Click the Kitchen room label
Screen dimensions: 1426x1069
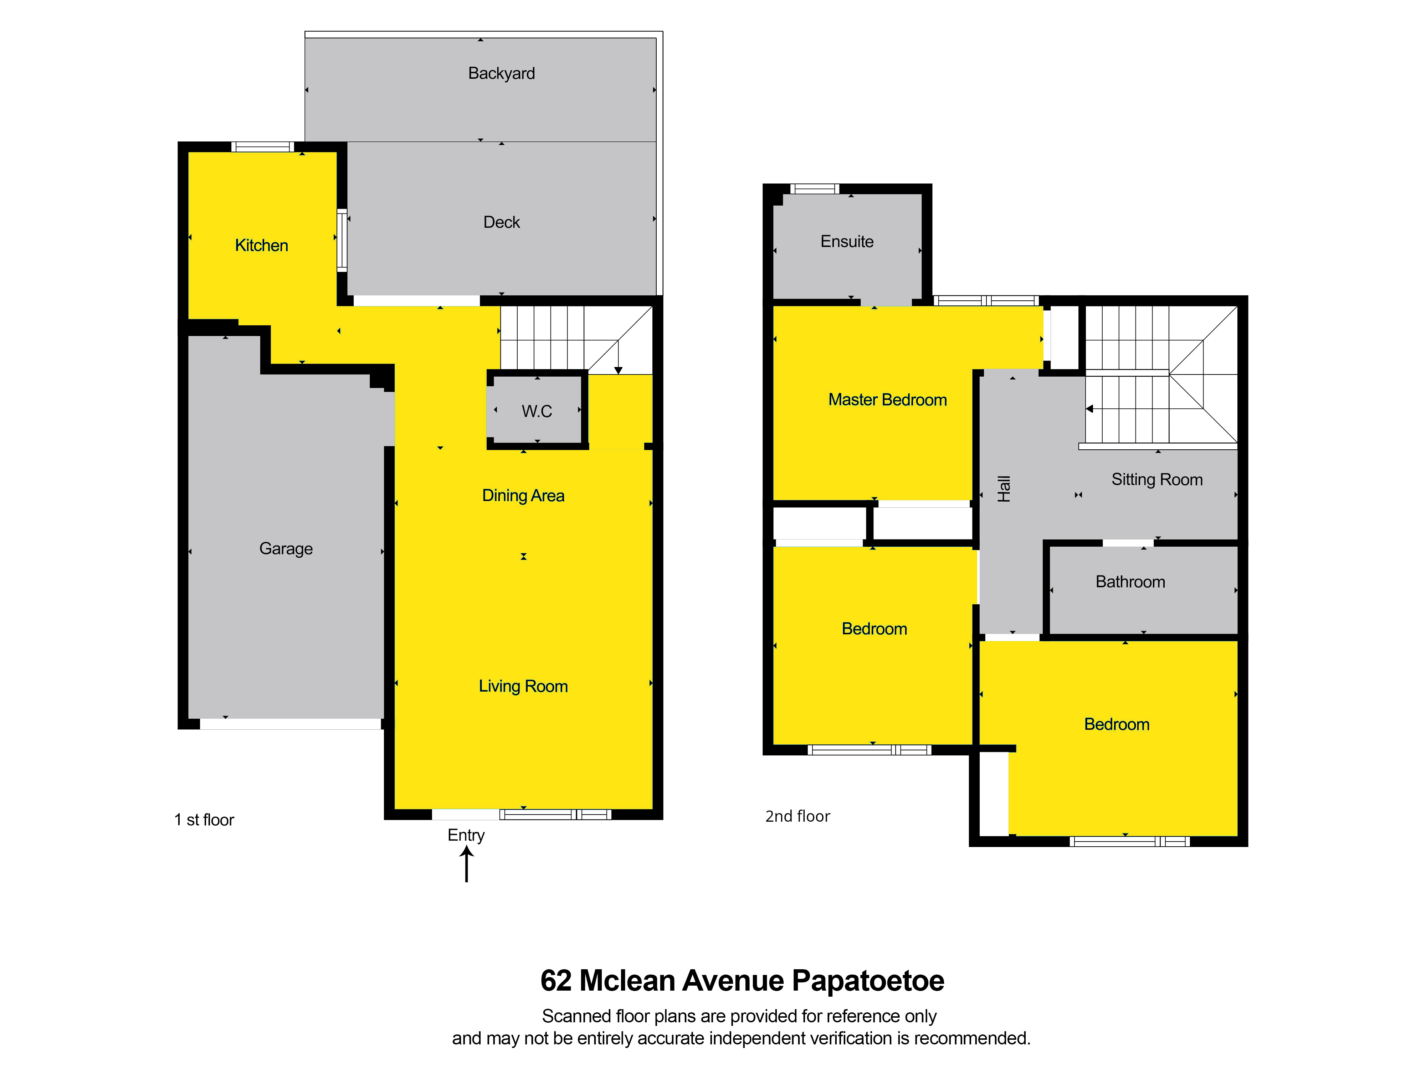[x=261, y=246]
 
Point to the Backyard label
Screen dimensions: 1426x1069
[x=502, y=73]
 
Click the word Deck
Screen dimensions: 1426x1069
[x=502, y=222]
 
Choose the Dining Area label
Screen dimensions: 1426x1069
[x=523, y=496]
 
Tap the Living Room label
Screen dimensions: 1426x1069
[x=523, y=686]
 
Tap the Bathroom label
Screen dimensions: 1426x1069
[x=1130, y=582]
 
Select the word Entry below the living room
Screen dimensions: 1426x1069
[x=466, y=835]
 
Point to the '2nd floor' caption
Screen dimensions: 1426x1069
[x=797, y=816]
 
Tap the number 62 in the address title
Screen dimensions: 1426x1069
[x=556, y=981]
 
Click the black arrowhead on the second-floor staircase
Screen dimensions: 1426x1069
[x=1089, y=408]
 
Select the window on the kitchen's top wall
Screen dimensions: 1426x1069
[x=262, y=147]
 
